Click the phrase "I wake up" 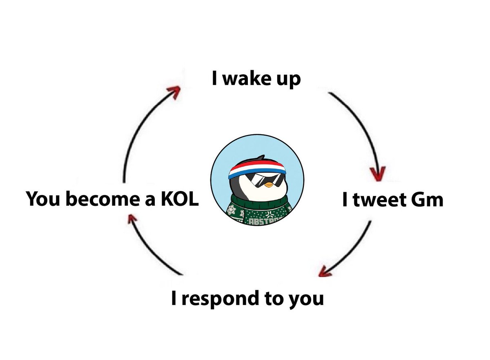coord(256,79)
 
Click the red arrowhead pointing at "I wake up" coord(174,92)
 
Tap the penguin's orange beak coord(267,184)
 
